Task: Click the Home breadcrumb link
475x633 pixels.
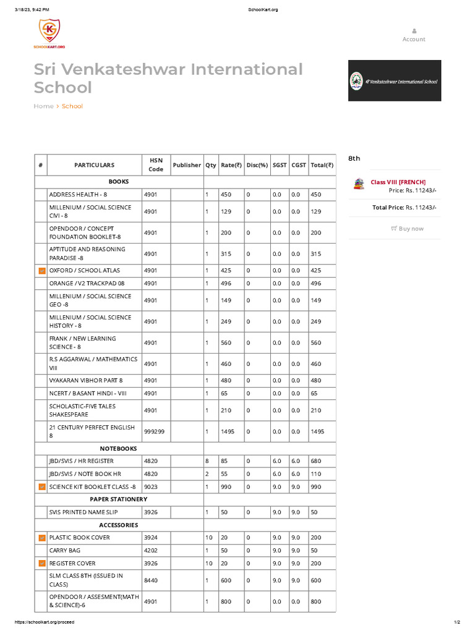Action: pos(43,106)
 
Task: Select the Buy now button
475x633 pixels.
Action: pos(408,229)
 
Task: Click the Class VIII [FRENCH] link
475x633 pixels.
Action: pos(398,182)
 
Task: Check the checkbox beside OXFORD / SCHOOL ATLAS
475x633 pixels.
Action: pos(41,271)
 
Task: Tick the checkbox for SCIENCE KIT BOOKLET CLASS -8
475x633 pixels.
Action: pos(41,487)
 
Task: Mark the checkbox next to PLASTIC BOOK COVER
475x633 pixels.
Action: pos(41,538)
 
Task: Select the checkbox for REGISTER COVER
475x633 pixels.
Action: pos(41,564)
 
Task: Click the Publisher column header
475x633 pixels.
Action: pos(187,165)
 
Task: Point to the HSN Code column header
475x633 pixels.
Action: pos(156,165)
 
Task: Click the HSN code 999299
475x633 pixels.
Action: pos(154,431)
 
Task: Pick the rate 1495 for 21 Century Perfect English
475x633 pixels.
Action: pos(228,431)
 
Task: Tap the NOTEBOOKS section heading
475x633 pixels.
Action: pos(119,448)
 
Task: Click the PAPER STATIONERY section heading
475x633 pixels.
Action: pos(119,499)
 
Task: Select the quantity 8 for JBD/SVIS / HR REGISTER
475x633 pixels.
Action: pos(207,461)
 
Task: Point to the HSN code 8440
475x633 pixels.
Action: pos(151,580)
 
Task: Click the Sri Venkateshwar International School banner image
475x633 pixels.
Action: pos(395,80)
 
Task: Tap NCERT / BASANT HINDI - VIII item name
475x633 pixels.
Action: pos(88,393)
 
